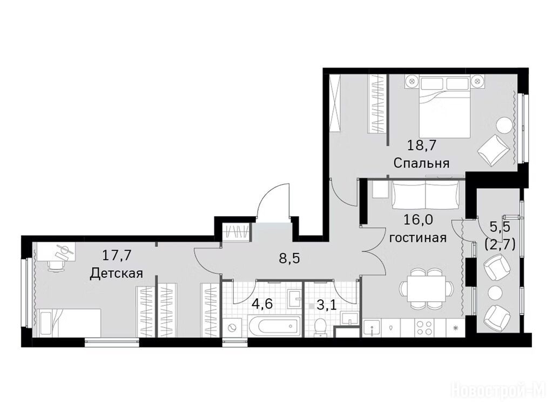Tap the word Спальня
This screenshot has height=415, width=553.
click(421, 163)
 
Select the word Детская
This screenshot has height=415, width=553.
click(117, 273)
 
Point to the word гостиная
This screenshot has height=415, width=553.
click(418, 238)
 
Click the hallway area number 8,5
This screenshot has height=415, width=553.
click(289, 258)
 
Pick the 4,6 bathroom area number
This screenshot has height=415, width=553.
click(262, 304)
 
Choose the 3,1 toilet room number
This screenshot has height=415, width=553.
click(326, 304)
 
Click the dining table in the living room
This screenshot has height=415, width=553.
click(426, 287)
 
